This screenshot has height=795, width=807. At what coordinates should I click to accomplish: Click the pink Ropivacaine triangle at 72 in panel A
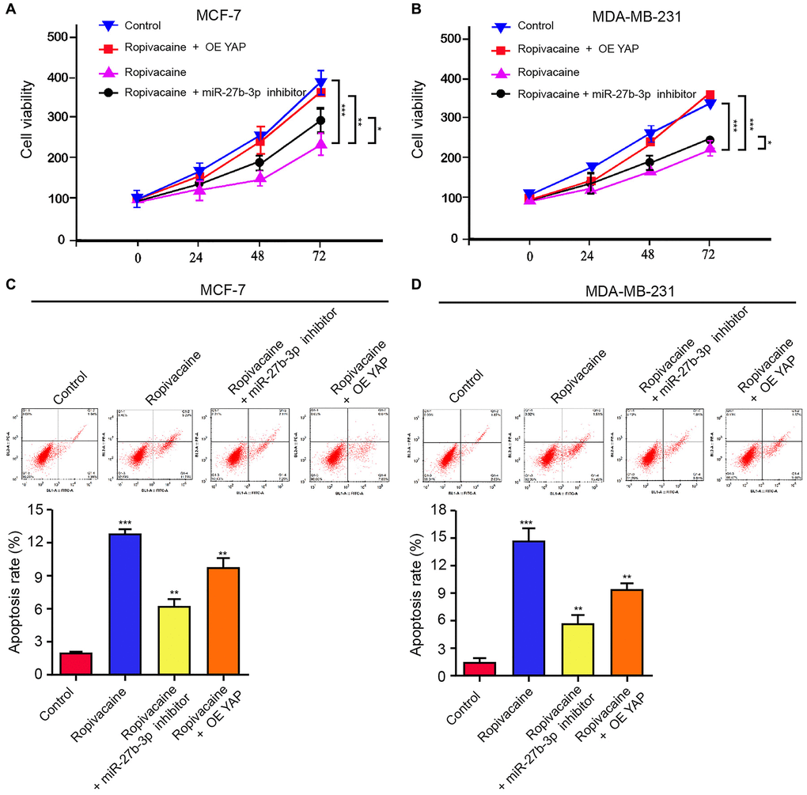(x=320, y=145)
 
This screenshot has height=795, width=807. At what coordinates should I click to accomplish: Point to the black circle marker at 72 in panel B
(x=710, y=140)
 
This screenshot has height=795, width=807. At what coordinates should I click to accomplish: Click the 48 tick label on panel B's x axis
(x=648, y=256)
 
